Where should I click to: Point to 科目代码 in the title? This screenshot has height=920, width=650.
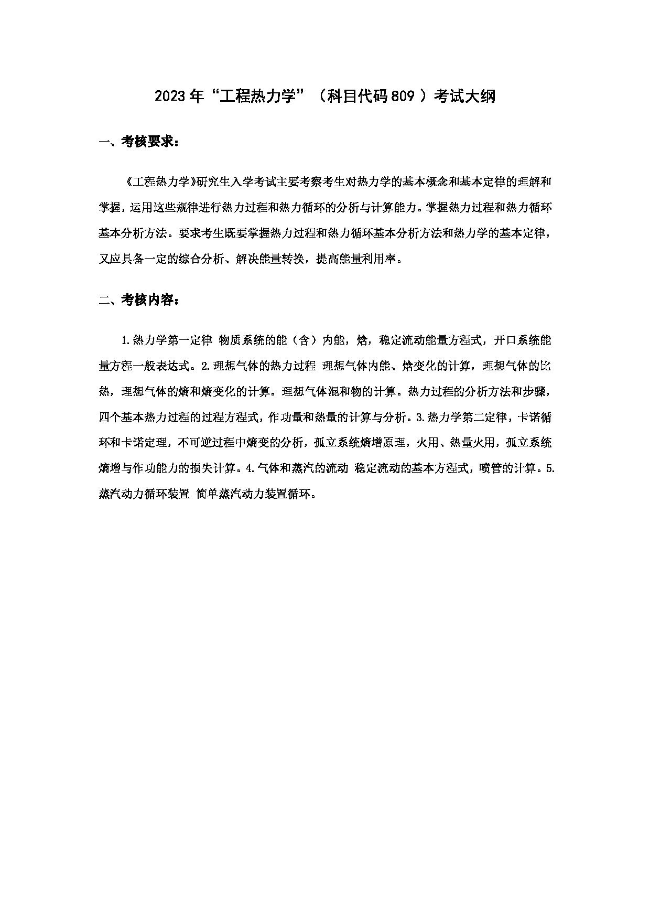coord(359,97)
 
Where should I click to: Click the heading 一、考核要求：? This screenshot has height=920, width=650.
coord(139,142)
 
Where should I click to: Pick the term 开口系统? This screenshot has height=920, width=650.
coord(516,340)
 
